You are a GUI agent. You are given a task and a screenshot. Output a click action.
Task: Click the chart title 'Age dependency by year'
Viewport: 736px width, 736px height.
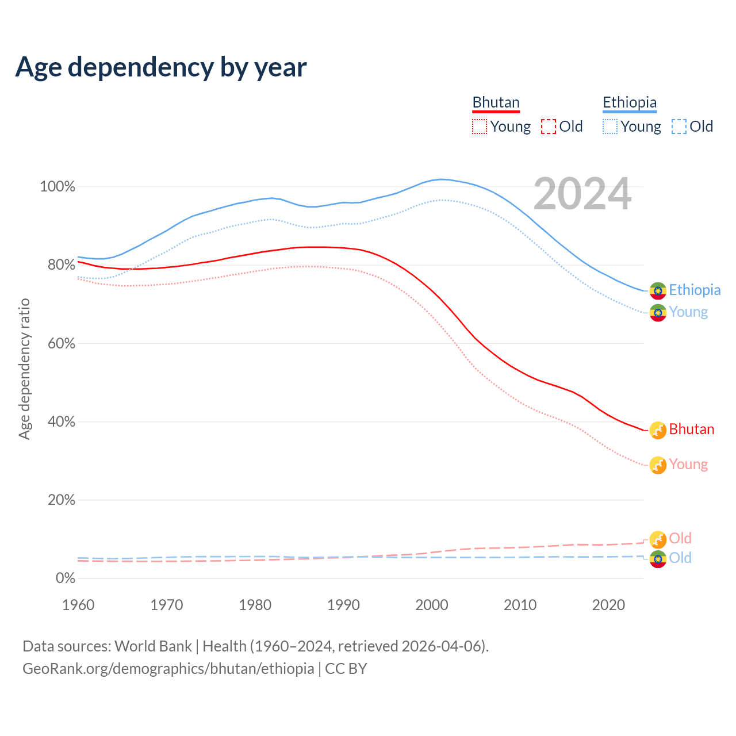point(161,67)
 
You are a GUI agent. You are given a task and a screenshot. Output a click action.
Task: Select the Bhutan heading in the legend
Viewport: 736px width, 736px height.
point(496,102)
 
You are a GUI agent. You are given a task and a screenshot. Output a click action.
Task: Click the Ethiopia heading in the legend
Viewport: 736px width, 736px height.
point(630,102)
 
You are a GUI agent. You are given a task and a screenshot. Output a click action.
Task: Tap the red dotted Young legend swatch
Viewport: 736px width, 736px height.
point(480,126)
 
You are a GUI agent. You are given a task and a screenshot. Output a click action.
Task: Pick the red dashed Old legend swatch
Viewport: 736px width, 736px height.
point(549,126)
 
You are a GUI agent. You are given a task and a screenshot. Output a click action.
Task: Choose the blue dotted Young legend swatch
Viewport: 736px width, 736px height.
point(610,126)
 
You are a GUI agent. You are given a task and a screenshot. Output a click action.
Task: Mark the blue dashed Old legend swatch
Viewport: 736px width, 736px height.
point(679,126)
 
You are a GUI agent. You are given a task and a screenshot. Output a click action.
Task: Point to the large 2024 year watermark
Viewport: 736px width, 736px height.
point(582,194)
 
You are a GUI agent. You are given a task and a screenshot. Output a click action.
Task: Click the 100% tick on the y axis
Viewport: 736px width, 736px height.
point(57,187)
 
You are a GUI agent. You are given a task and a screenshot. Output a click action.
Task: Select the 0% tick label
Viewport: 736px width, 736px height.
point(66,578)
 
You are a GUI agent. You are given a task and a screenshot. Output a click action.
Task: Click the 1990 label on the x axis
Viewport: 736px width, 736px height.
point(343,605)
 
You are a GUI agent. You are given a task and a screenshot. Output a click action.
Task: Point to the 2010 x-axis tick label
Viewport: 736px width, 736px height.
point(520,605)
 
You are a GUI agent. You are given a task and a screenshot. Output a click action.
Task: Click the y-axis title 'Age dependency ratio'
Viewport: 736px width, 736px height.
point(24,369)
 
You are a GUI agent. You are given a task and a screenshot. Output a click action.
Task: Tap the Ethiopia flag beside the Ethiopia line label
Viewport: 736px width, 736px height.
point(658,291)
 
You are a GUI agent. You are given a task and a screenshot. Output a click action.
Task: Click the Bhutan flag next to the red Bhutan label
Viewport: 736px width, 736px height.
point(658,430)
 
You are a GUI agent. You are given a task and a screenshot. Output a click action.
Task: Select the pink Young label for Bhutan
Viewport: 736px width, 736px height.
point(688,465)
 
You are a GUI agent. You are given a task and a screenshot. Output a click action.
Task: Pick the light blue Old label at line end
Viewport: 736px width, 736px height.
point(680,558)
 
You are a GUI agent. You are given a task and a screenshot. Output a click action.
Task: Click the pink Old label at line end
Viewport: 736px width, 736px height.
point(680,538)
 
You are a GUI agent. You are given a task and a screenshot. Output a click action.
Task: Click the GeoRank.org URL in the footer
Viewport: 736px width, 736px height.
point(168,669)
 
